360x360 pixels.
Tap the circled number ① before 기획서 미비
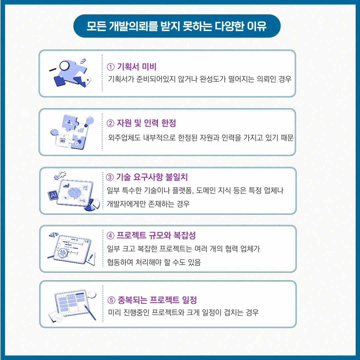coord(111,67)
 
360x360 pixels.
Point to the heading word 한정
coord(168,123)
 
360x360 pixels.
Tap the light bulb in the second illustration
coord(89,121)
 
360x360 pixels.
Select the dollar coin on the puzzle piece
coord(77,143)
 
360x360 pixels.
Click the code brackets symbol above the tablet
coord(54,235)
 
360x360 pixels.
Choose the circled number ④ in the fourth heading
coord(111,236)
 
